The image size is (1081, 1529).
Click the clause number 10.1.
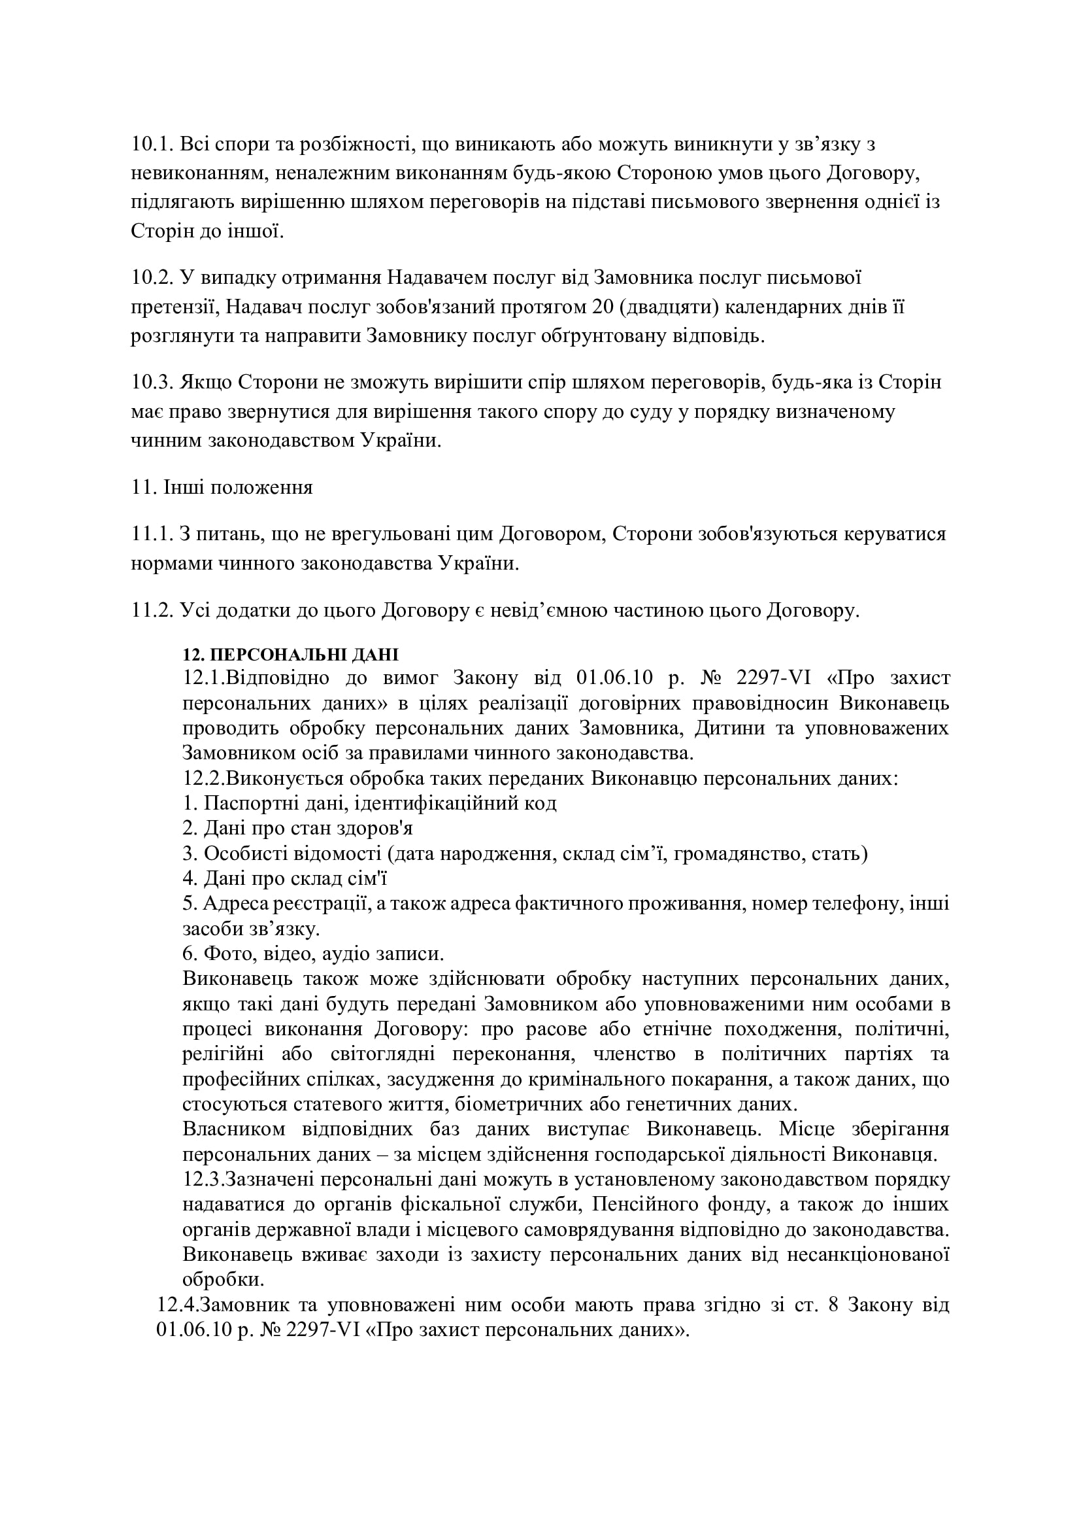click(x=151, y=145)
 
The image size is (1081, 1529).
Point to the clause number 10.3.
click(x=151, y=383)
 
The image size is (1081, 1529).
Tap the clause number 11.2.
click(x=151, y=611)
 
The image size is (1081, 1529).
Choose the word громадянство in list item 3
click(x=737, y=853)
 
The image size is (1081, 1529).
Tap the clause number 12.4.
click(x=178, y=1305)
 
